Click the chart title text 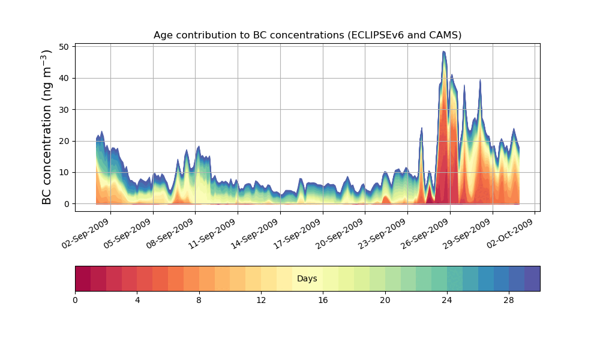click(307, 35)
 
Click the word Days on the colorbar click(307, 279)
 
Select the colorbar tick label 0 click(75, 300)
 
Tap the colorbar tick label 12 click(261, 300)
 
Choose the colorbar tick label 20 click(385, 300)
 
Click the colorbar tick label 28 click(509, 300)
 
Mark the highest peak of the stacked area click(444, 52)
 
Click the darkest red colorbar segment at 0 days click(83, 278)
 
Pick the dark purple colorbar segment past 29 click(532, 278)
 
